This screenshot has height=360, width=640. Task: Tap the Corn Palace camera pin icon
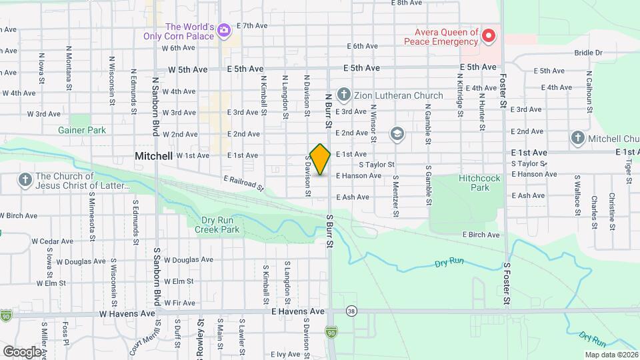point(223,29)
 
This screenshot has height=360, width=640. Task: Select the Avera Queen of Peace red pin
point(489,35)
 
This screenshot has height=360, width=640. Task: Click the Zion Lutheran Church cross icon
point(344,95)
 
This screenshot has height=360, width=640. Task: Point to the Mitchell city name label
point(154,155)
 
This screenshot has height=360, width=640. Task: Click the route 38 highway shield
point(351,311)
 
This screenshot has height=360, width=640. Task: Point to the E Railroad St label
point(245,184)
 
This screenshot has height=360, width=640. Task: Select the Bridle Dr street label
point(587,53)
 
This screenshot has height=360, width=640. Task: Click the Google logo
point(21,351)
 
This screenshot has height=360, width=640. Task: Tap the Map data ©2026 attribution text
point(610,355)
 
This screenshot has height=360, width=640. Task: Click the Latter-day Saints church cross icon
point(25,181)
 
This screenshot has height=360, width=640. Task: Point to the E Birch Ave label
point(481,235)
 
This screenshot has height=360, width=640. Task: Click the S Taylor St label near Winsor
point(377,164)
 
